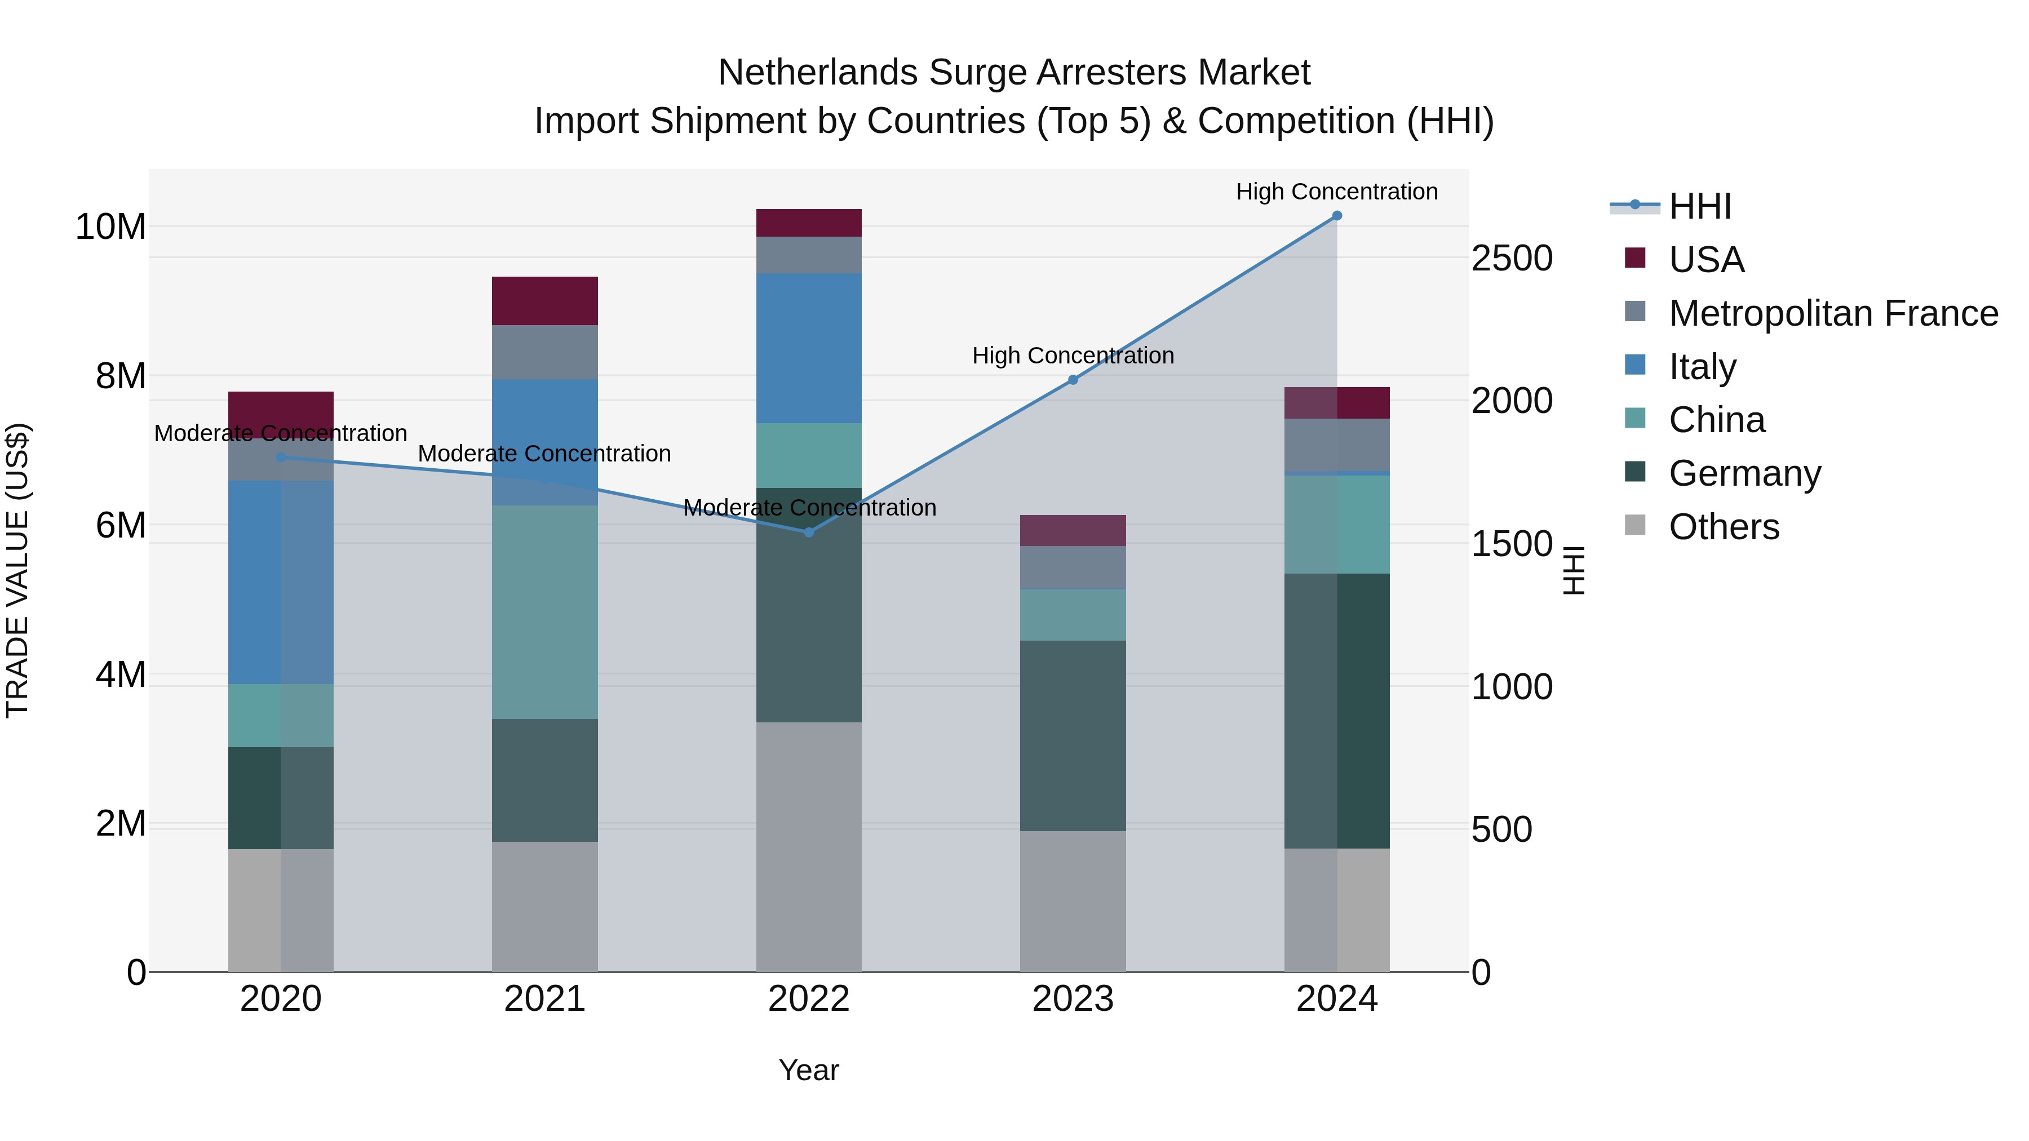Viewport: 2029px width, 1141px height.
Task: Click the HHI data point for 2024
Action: tap(1337, 216)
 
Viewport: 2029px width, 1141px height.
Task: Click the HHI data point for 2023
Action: tap(1073, 380)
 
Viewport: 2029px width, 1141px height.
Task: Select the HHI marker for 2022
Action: tap(809, 532)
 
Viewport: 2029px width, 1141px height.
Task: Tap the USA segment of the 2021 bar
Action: tap(545, 301)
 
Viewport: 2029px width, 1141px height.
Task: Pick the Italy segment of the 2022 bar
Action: tap(809, 348)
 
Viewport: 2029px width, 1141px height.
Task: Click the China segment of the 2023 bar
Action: tap(1073, 614)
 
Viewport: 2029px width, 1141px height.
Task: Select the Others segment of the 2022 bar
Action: tap(809, 846)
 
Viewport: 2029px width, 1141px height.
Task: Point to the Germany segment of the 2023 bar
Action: tap(1073, 735)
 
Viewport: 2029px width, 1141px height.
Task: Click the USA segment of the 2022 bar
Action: tap(809, 223)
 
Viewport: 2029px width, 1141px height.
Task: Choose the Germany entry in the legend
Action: tap(1744, 473)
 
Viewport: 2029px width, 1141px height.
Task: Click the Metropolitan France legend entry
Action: tap(1833, 313)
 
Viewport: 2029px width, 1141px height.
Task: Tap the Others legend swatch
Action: tap(1635, 525)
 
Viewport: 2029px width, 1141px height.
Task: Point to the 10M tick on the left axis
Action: tap(110, 227)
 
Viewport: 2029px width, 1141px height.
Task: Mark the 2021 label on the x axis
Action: tap(545, 999)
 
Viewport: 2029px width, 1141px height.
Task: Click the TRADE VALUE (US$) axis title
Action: tap(17, 570)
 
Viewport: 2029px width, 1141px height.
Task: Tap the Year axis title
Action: tap(809, 1070)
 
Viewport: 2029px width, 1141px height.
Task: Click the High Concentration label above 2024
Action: tap(1337, 192)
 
